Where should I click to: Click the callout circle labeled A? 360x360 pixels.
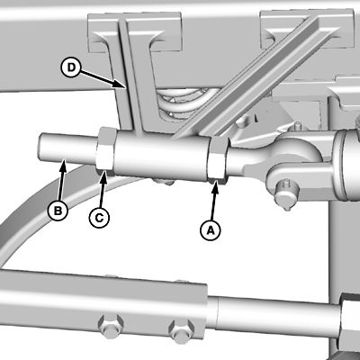point(210,230)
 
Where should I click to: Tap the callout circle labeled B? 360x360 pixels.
point(58,211)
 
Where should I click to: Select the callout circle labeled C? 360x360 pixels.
point(99,218)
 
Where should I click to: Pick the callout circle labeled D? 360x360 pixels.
point(71,67)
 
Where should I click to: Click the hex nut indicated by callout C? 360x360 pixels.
point(105,151)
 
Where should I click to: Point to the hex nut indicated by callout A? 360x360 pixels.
point(218,159)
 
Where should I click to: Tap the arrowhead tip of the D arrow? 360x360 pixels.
point(125,87)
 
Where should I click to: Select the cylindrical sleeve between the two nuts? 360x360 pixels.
point(162,156)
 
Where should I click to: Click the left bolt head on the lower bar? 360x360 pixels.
point(111,326)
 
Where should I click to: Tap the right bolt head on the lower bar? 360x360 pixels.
point(182,330)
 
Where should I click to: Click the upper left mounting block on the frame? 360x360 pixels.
point(135,31)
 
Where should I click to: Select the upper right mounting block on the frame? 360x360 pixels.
point(307,29)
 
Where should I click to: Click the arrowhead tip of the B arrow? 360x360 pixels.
point(63,160)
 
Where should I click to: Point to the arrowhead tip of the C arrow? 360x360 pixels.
point(104,170)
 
